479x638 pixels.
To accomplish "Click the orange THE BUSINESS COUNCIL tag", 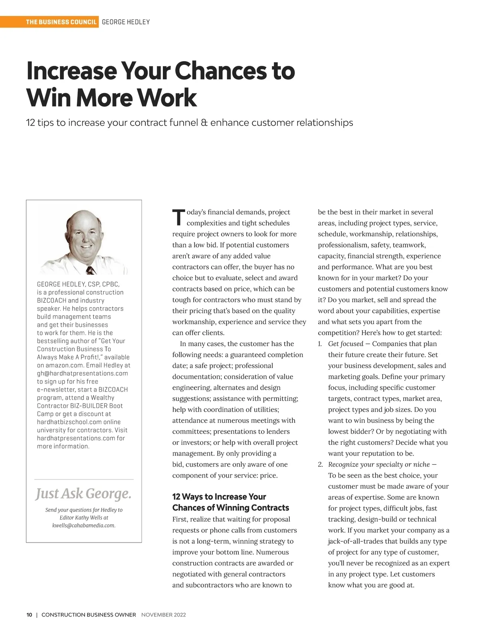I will click(61, 22).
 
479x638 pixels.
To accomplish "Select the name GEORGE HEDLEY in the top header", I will click(126, 22).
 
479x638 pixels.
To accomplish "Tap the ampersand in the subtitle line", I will click(204, 123).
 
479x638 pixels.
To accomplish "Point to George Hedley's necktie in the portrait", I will click(91, 270).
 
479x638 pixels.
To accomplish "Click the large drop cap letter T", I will click(178, 218).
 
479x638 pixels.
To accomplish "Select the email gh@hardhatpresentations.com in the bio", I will click(82, 373).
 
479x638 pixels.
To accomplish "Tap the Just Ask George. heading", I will click(83, 493).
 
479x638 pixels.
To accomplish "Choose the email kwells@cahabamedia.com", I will click(84, 525).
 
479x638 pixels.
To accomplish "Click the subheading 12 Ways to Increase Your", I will click(219, 497).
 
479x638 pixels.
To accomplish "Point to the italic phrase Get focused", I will click(346, 344).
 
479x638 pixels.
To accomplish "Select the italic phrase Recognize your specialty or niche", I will click(379, 464).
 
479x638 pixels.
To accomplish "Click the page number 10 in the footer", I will click(30, 615).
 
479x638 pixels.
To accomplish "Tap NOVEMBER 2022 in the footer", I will click(164, 615).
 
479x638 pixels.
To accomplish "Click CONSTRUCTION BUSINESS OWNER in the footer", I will click(89, 615).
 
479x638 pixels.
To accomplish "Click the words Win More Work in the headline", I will click(112, 98).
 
